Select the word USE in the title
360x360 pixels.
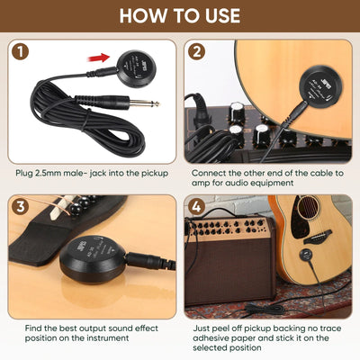point(220,15)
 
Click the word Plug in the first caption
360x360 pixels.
point(26,171)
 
